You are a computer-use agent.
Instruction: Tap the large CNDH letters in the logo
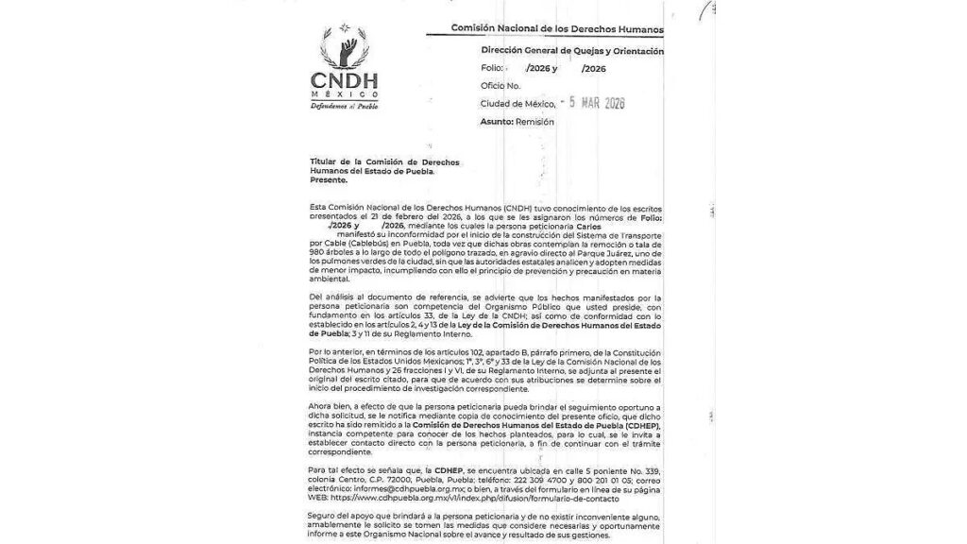pos(344,82)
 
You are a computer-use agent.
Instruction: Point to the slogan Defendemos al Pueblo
pos(344,106)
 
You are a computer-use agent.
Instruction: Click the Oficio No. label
pos(500,86)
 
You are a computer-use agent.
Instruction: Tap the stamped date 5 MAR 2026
pos(592,103)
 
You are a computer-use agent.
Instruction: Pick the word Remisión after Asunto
pos(534,121)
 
